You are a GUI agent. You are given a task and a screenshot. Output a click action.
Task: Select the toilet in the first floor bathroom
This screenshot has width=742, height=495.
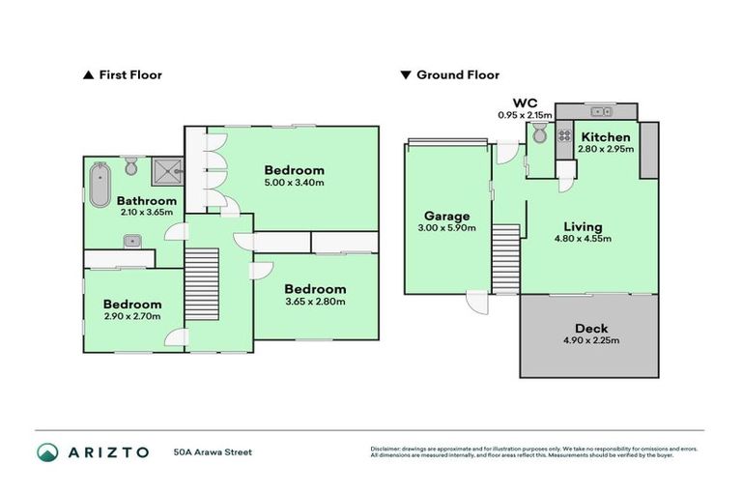click(131, 169)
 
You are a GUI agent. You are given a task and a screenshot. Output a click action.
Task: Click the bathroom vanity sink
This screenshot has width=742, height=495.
click(130, 240)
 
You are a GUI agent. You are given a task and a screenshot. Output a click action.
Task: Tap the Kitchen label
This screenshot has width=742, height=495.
click(606, 137)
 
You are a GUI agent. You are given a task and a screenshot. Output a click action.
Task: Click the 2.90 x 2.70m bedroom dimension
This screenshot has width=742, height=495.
click(131, 315)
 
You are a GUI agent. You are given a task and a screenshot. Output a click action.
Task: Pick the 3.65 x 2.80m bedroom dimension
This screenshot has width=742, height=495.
click(315, 302)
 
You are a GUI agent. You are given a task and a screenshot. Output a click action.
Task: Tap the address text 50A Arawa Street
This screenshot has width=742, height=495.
click(213, 451)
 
